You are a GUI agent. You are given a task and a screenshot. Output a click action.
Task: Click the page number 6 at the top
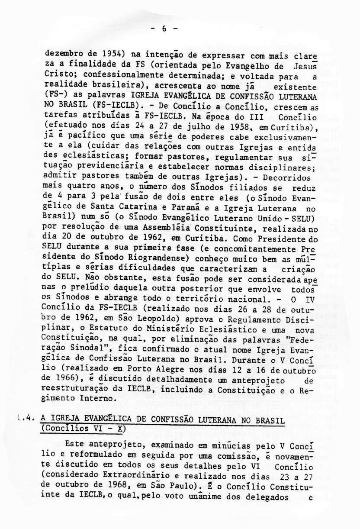pos(164,29)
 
